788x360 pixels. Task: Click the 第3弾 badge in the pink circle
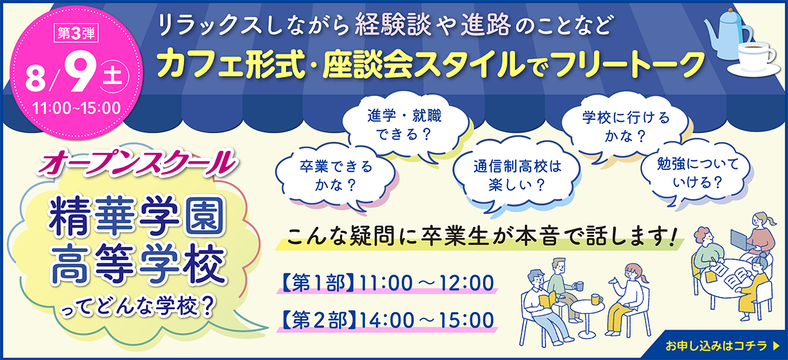(76, 33)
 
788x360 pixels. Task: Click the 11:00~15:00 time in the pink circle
(76, 108)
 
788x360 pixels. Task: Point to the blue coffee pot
(727, 33)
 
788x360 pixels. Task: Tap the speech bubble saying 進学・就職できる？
(407, 126)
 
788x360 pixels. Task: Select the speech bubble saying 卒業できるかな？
(336, 176)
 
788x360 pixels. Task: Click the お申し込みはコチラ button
(722, 345)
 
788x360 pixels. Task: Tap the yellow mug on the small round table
(596, 299)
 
